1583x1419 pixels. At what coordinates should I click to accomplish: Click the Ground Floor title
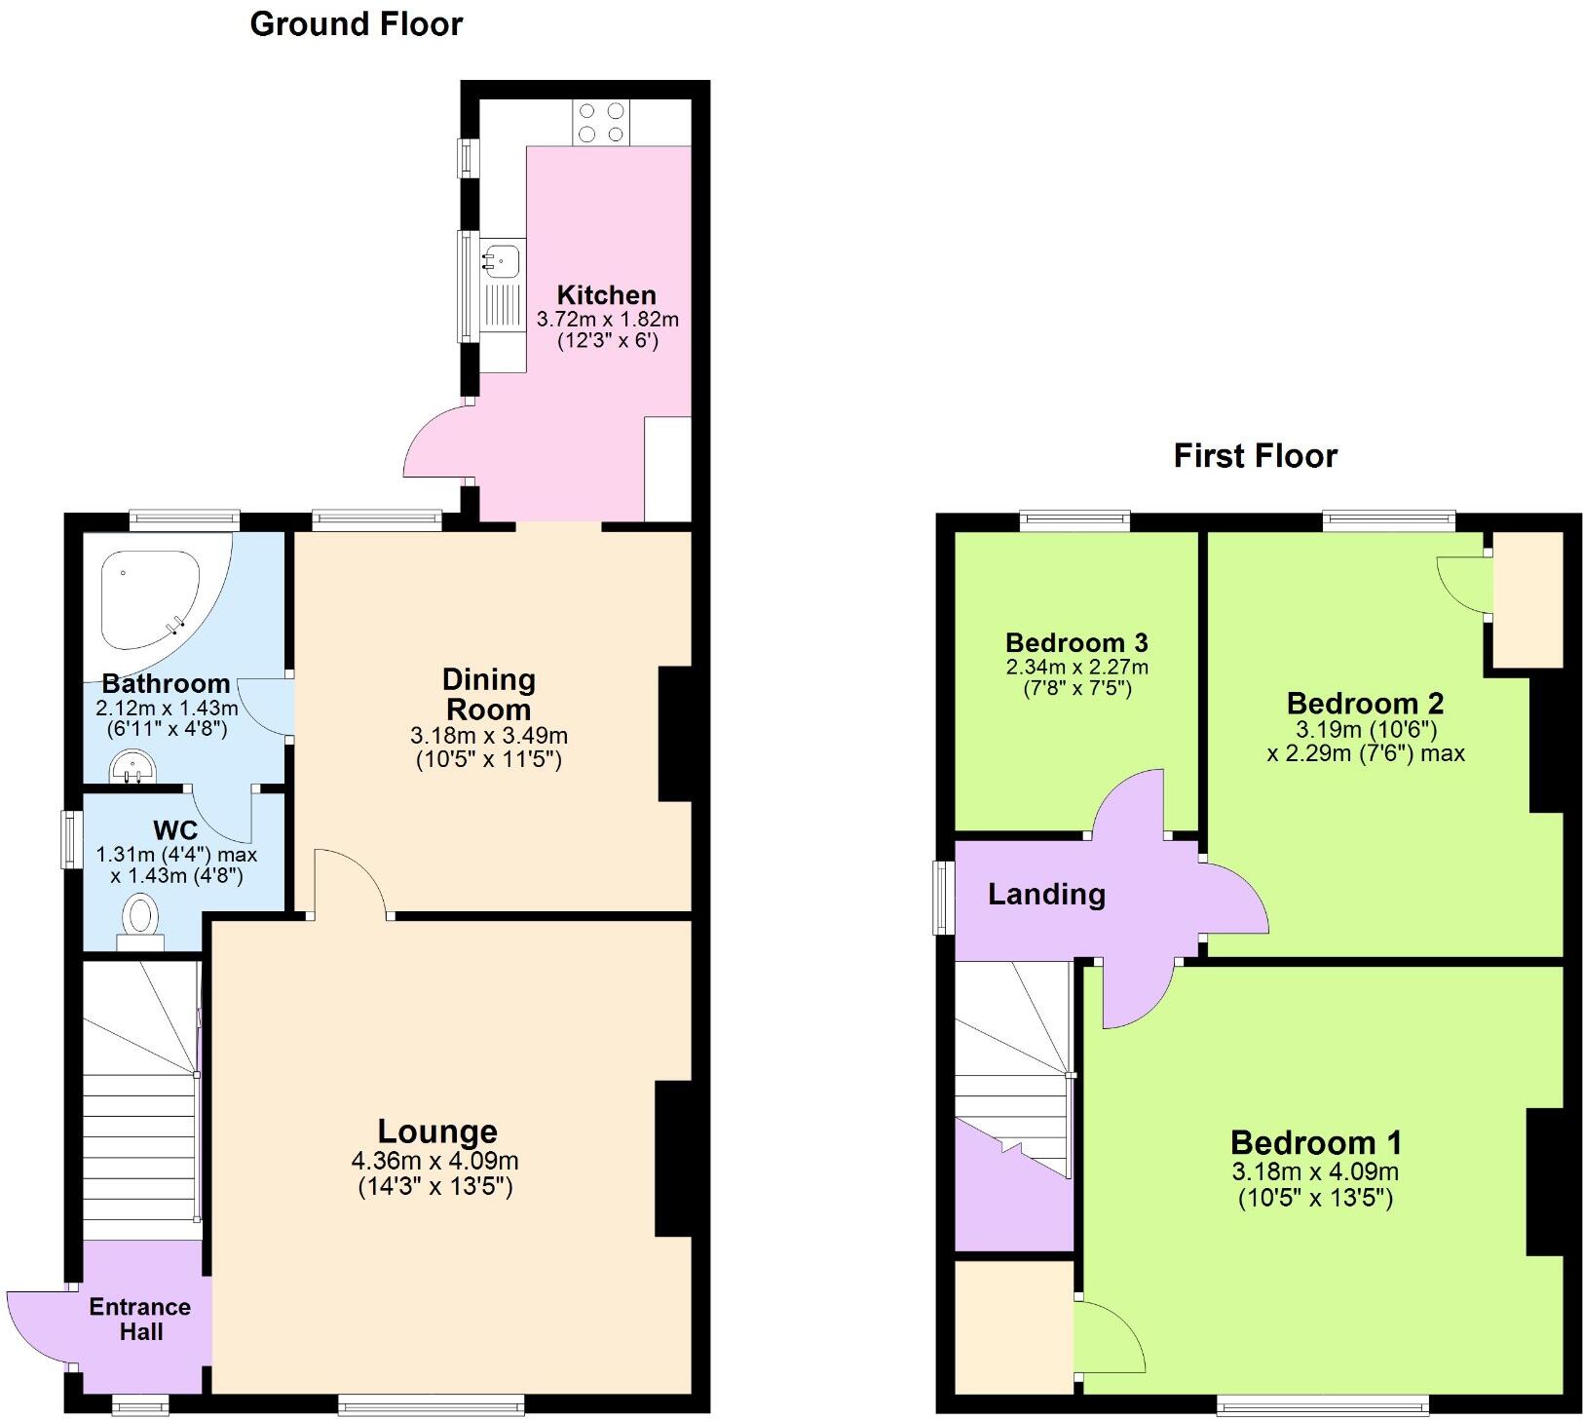pos(356,23)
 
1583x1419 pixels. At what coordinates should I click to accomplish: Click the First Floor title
pos(1255,455)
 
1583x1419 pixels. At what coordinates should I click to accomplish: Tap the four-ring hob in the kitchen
pos(601,123)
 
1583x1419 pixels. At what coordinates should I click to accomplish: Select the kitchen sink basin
pos(502,260)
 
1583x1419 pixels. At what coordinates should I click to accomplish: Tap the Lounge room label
pos(437,1131)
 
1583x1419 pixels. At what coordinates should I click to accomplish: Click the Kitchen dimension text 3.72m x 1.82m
pos(607,319)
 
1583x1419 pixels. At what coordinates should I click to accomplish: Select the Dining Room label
pos(488,694)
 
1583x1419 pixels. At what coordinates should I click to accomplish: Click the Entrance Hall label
pos(140,1319)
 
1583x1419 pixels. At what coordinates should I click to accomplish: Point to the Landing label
pos(1046,894)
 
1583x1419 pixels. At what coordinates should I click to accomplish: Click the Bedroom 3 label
pos(1076,642)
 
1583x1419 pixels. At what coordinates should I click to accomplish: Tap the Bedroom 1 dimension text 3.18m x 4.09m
pos(1315,1171)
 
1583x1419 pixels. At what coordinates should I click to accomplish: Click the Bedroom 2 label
pos(1365,703)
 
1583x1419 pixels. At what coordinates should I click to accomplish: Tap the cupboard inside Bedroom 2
pos(1527,598)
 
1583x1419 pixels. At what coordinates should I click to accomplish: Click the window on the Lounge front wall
pos(431,1404)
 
